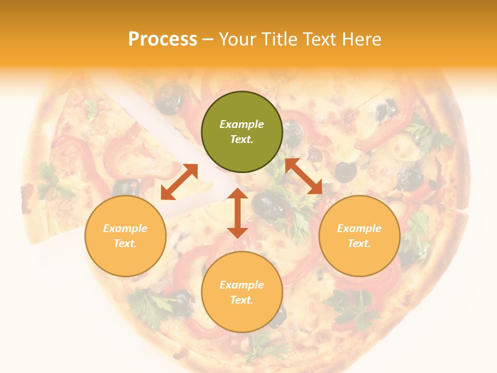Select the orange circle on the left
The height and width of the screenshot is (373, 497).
(x=125, y=236)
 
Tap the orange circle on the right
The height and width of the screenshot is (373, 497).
(x=359, y=236)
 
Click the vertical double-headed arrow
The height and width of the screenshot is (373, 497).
(x=238, y=213)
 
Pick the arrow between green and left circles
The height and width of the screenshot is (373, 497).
(x=179, y=182)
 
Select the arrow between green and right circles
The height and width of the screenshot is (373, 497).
(x=303, y=177)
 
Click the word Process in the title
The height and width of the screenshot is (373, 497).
(x=163, y=39)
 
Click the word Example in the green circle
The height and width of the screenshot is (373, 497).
(x=242, y=124)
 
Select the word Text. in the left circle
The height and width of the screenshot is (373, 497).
(x=125, y=243)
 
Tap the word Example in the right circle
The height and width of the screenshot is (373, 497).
(x=359, y=228)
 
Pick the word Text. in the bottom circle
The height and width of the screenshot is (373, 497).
(x=242, y=300)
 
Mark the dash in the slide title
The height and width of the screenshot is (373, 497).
(x=208, y=39)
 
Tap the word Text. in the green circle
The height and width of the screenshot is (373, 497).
(x=242, y=139)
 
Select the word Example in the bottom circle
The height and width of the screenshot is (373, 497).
(x=242, y=285)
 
